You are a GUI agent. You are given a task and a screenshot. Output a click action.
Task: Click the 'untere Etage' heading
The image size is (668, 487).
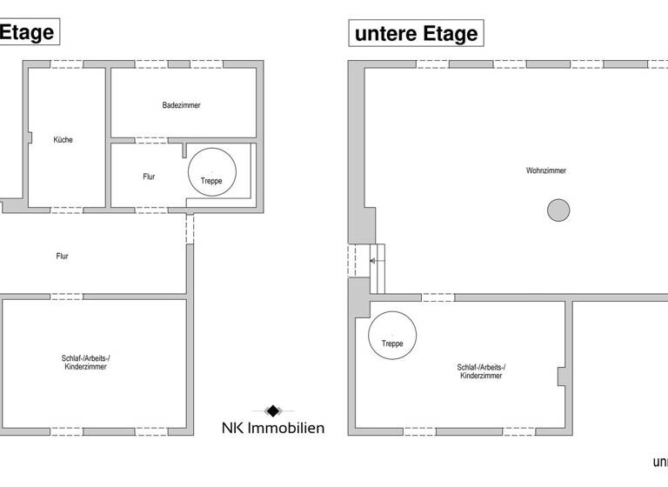pos(416,34)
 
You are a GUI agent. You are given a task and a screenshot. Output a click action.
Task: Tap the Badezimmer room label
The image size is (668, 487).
pos(181,105)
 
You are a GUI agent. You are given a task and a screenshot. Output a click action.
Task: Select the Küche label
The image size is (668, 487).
pos(63,140)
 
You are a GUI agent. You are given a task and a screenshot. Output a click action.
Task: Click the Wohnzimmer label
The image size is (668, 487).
pos(546,170)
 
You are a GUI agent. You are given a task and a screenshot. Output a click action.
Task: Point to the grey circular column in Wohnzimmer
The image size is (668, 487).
pos(558,210)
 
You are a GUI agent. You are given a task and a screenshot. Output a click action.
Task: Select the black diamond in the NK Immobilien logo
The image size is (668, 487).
pos(272,410)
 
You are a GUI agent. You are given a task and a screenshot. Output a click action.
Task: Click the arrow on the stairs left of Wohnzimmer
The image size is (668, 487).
pos(371,259)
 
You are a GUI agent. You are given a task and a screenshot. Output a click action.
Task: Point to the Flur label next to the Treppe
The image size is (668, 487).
pos(149,177)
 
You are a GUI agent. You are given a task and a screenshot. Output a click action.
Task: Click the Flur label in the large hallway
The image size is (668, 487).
pos(62,256)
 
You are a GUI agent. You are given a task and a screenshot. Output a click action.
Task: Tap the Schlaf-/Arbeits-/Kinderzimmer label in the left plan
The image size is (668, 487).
pos(86,364)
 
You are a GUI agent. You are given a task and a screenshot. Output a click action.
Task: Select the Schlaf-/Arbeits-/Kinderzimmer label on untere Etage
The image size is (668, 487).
pos(481,371)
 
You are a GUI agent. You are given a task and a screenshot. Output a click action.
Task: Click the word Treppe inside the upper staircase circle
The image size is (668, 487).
pos(211,181)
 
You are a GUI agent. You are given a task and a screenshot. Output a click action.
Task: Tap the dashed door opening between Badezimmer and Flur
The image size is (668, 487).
pos(153,140)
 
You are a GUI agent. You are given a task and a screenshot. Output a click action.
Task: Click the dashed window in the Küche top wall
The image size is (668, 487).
pos(66,64)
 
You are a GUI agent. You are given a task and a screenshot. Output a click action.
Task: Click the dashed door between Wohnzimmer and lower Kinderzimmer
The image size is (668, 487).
pos(437,297)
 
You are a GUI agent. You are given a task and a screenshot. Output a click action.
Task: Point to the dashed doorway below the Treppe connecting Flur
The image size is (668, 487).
pos(190,228)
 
